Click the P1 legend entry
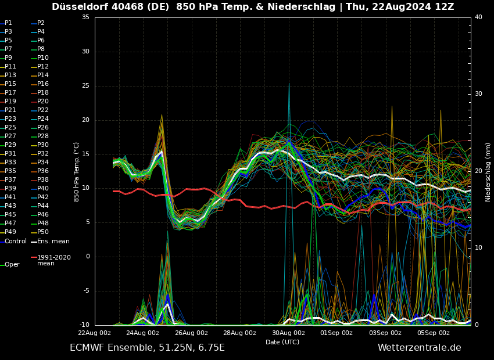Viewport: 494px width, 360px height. [8, 23]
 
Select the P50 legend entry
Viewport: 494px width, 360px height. [43, 232]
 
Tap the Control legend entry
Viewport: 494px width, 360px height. [15, 242]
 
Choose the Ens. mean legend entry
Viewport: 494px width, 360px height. [53, 242]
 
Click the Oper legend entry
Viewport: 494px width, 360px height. [12, 265]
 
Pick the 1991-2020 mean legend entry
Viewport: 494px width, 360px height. [53, 260]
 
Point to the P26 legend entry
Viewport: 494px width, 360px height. [43, 128]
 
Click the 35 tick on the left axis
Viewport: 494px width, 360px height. [85, 17]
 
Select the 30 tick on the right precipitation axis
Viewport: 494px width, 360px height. [478, 94]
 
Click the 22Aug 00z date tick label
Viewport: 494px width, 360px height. [95, 333]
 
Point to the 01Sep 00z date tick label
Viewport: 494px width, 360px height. [337, 333]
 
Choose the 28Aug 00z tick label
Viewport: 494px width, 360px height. [239, 333]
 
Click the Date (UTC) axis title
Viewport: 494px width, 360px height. [282, 342]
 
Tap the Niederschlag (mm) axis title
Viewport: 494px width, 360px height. [488, 172]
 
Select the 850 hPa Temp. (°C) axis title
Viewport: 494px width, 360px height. [77, 172]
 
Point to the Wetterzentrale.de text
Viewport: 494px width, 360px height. [419, 348]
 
